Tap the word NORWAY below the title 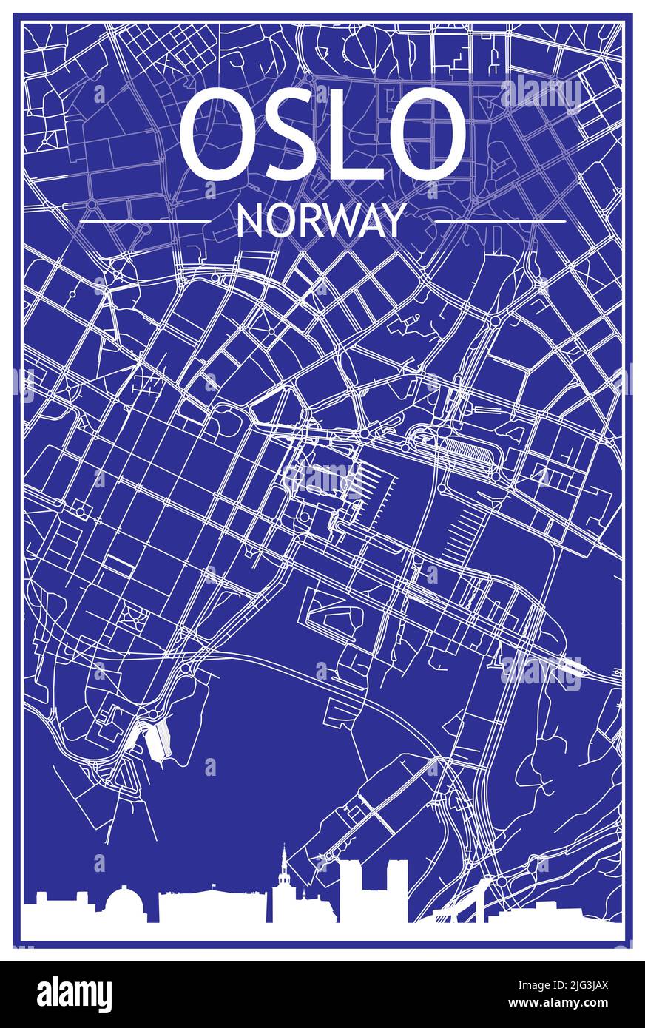pyautogui.click(x=322, y=220)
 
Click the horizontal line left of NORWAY pyautogui.click(x=144, y=220)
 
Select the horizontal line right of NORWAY pyautogui.click(x=500, y=220)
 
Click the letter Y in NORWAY pyautogui.click(x=396, y=220)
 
